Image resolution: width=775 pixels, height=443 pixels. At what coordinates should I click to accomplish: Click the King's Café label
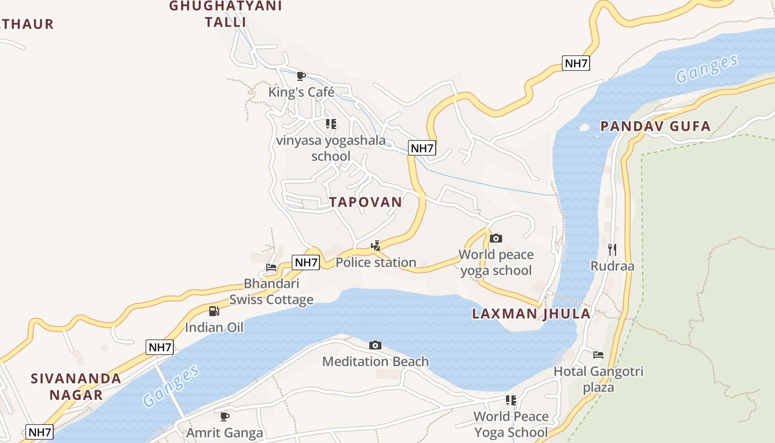(x=301, y=92)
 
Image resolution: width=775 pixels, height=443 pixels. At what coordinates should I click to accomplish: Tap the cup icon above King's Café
(x=301, y=76)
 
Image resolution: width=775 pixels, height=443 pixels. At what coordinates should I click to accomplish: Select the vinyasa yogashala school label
(x=331, y=148)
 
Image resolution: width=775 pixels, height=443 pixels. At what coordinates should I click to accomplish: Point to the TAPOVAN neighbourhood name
(x=365, y=202)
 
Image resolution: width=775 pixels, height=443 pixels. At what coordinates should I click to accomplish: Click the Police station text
(x=376, y=262)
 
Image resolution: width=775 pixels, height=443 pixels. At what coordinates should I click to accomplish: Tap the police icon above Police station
(x=376, y=245)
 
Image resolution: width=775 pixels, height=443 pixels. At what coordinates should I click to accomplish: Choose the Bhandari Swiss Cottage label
(x=271, y=292)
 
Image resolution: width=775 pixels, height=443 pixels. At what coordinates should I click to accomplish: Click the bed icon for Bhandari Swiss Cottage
(x=271, y=267)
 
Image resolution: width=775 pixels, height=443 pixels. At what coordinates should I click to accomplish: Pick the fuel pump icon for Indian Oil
(x=214, y=311)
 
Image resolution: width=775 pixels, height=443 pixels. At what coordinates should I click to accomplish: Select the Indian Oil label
(x=214, y=327)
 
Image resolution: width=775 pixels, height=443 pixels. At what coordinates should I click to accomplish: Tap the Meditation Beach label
(x=375, y=362)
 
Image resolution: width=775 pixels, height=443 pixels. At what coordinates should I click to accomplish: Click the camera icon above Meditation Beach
(x=375, y=346)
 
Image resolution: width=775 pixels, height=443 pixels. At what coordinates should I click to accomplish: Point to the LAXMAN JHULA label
(x=531, y=314)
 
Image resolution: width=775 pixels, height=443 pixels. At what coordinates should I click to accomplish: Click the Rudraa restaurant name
(x=612, y=266)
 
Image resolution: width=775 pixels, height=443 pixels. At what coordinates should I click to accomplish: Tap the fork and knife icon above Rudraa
(x=612, y=249)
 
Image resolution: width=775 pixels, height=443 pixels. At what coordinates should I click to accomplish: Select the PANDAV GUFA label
(x=655, y=126)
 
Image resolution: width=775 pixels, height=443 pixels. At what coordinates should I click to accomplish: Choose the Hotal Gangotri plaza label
(x=598, y=379)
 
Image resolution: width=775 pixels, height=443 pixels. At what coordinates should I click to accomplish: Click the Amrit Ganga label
(x=225, y=432)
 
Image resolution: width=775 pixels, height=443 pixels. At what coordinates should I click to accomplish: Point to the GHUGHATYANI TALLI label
(x=225, y=14)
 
